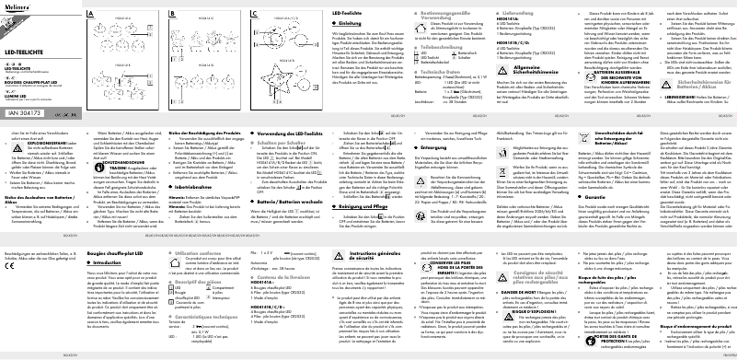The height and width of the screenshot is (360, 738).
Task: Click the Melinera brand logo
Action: coord(20,6)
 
